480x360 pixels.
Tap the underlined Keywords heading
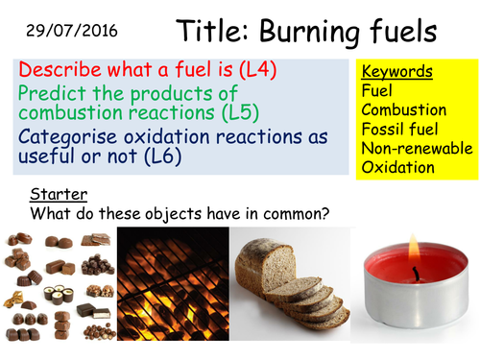pyautogui.click(x=396, y=71)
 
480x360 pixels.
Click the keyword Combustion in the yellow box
pyautogui.click(x=403, y=109)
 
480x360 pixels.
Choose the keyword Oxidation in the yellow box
pyautogui.click(x=398, y=167)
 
